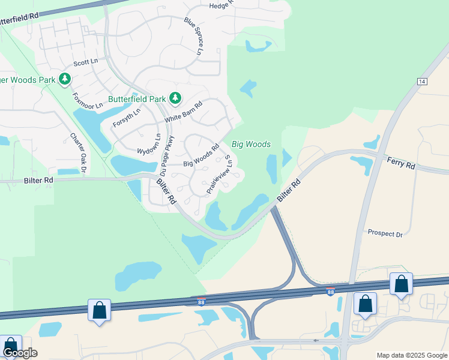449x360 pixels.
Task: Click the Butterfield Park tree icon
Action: pyautogui.click(x=175, y=98)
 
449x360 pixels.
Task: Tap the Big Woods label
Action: pyautogui.click(x=251, y=145)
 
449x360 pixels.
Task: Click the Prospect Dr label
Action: pyautogui.click(x=385, y=233)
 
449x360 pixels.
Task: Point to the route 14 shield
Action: pyautogui.click(x=423, y=81)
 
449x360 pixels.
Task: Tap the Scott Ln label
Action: pyautogui.click(x=85, y=62)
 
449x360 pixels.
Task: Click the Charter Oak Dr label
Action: pyautogui.click(x=79, y=151)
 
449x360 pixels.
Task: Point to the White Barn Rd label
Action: pyautogui.click(x=183, y=111)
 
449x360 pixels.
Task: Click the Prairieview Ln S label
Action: pyautogui.click(x=219, y=174)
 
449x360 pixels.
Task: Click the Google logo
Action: pyautogui.click(x=19, y=353)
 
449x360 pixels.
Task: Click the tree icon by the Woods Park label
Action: pyautogui.click(x=64, y=79)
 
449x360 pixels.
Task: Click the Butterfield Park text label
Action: pyautogui.click(x=136, y=98)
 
